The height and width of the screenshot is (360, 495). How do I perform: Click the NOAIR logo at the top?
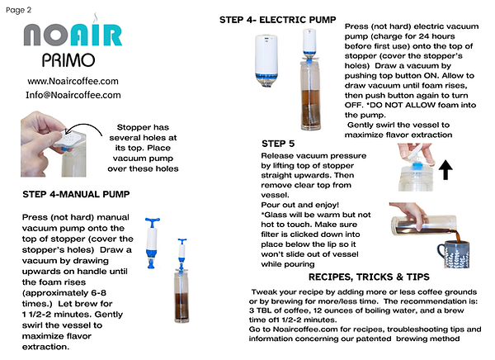pos(73,34)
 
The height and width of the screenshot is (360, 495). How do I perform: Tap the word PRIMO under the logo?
pos(68,60)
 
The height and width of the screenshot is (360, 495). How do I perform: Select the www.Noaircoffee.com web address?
pos(73,81)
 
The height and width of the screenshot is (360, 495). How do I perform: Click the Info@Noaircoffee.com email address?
pos(73,95)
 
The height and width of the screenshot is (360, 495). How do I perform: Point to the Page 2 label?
pos(19,10)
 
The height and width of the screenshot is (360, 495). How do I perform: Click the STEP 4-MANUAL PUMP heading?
pos(76,194)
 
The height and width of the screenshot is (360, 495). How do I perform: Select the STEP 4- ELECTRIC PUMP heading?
pos(278,20)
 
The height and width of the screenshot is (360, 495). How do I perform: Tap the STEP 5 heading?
pos(278,144)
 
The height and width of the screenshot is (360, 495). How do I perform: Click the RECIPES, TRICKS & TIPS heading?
pos(369,277)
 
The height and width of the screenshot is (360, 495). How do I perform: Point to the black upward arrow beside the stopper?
pos(445,170)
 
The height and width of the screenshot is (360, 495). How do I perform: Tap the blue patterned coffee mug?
pos(454,253)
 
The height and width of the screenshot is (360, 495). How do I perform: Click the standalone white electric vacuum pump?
pos(266,60)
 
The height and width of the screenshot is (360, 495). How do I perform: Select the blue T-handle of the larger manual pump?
pos(153,221)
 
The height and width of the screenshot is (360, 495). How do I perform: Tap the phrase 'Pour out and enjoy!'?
pos(300,205)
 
